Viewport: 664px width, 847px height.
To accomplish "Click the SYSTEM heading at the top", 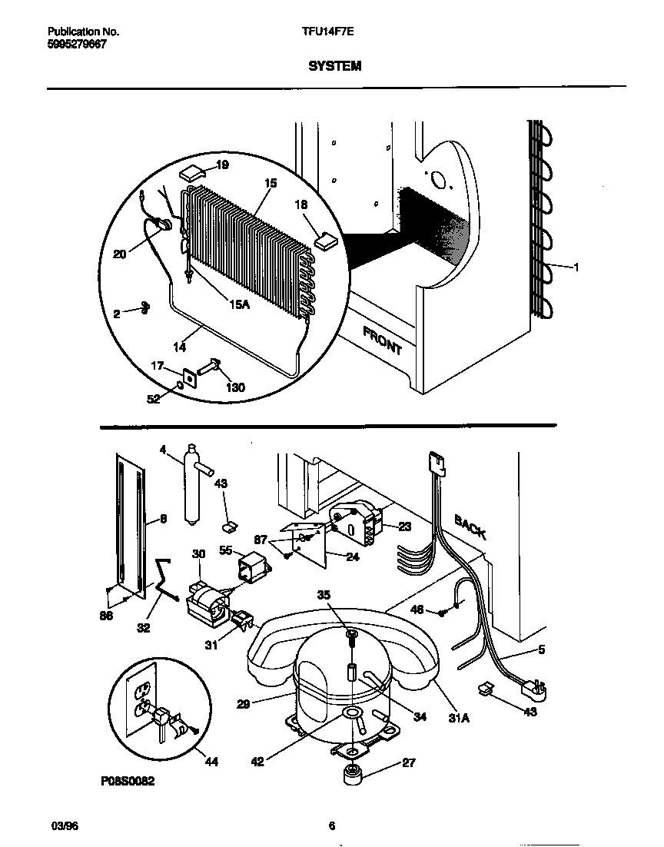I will coord(334,67).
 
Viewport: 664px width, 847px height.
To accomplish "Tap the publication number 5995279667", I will coord(77,45).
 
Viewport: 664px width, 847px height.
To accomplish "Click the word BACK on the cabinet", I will coord(470,526).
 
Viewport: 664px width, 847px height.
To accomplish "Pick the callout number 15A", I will coord(240,304).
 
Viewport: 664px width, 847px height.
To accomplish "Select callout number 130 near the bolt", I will coord(235,387).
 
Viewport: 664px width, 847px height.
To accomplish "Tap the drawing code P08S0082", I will coord(128,781).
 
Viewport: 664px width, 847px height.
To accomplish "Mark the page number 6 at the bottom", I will coord(332,827).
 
